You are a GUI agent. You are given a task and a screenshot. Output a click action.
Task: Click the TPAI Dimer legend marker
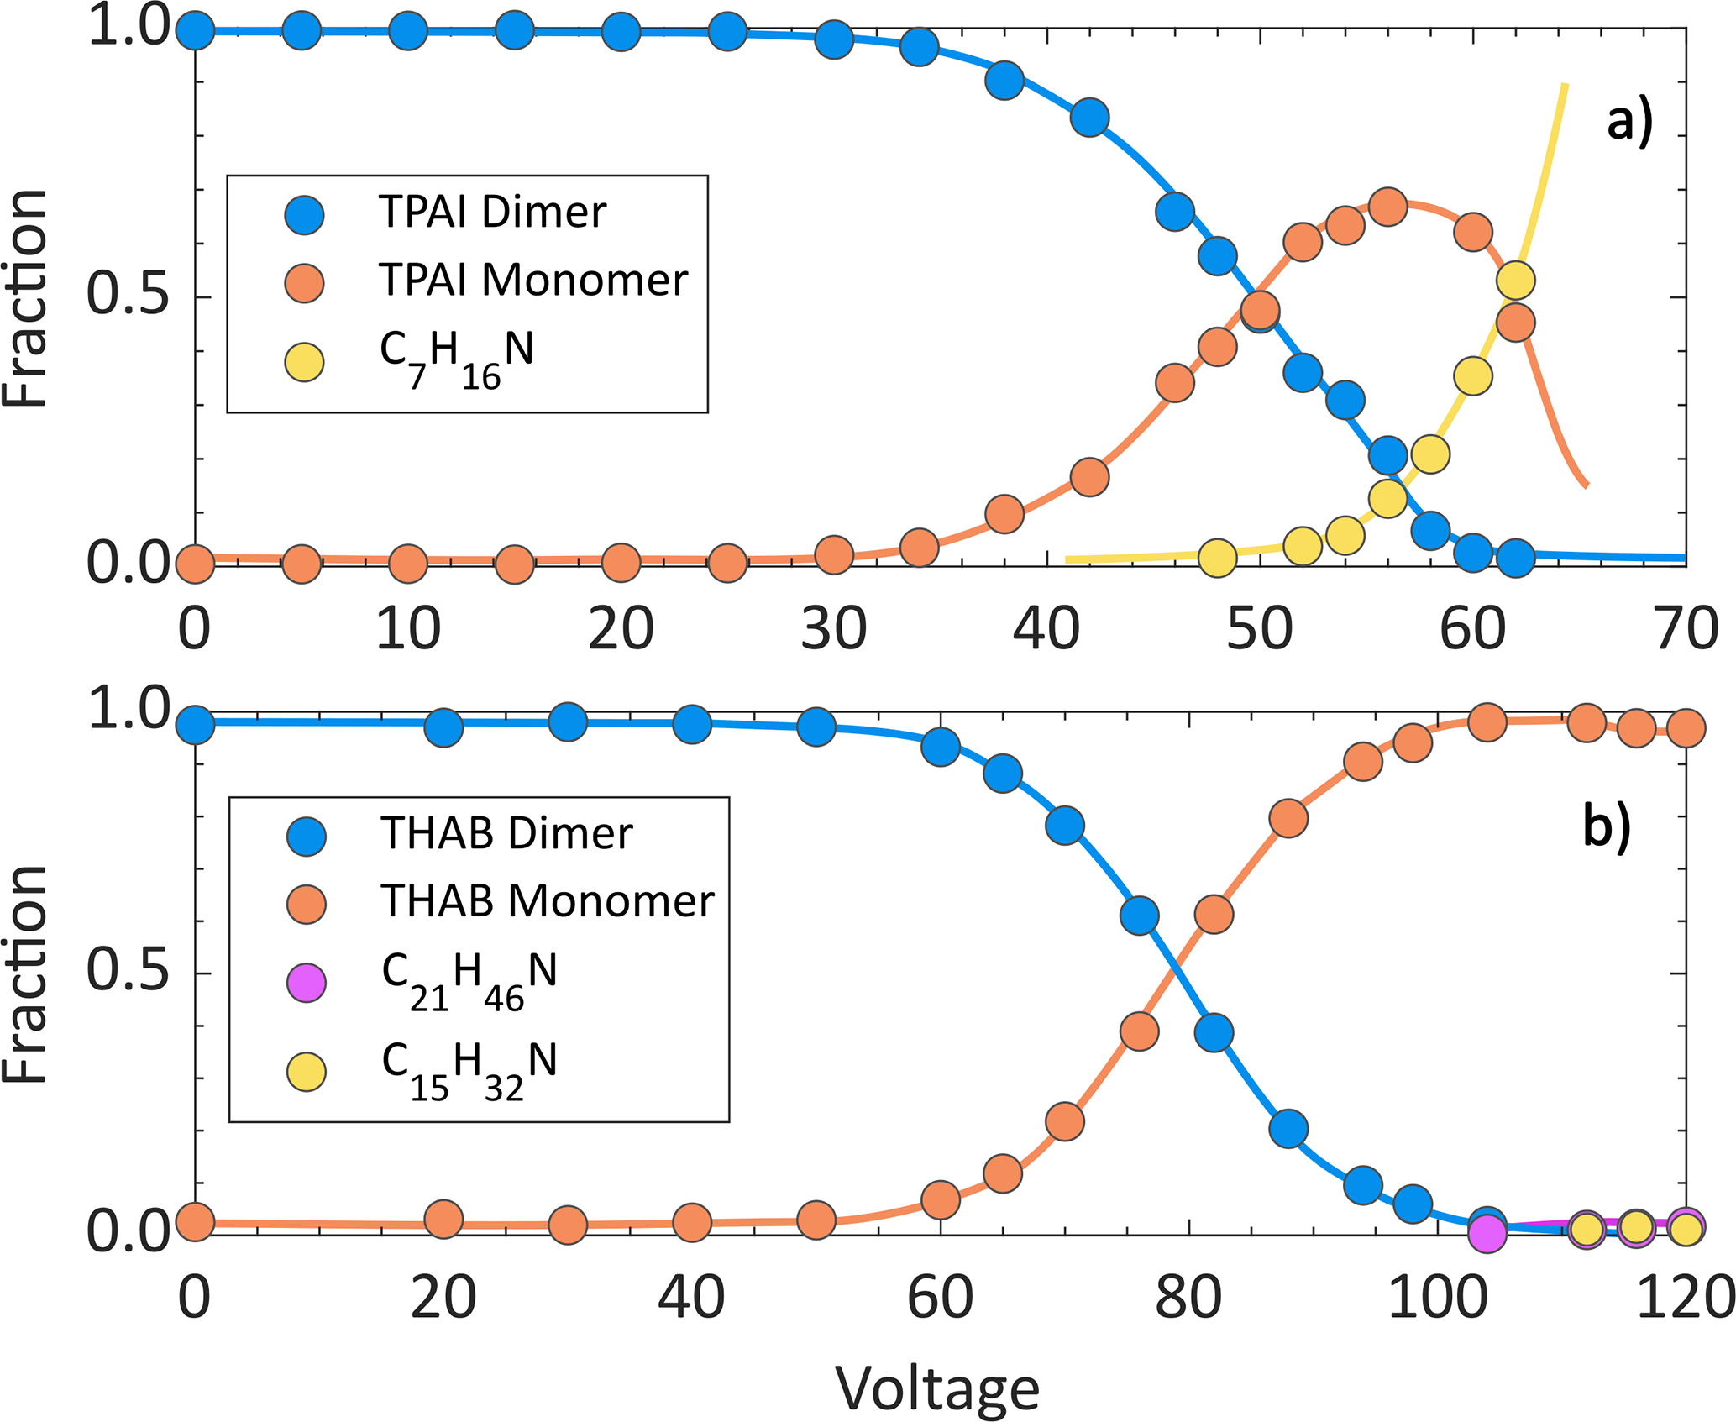304,214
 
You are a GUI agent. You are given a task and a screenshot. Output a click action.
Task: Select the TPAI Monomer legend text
532,280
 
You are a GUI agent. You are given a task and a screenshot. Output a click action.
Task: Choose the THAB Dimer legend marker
307,836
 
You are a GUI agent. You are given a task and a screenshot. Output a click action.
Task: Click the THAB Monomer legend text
547,901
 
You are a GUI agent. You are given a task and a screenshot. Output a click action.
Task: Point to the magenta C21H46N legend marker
307,983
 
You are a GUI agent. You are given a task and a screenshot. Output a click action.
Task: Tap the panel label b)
1606,827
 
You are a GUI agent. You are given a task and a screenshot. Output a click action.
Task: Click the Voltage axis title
937,1388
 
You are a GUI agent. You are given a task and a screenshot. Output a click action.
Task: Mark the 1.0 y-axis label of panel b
128,710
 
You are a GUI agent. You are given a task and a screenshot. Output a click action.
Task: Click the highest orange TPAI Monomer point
1388,207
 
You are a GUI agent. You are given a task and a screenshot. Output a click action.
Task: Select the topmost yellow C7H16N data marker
1516,280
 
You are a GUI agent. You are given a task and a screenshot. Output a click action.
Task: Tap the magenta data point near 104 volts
1487,1233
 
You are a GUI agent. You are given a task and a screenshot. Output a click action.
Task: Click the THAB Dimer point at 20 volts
443,727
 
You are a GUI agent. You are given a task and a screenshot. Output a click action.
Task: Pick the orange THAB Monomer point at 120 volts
1686,727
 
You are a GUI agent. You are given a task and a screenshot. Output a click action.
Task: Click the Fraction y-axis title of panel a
25,298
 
